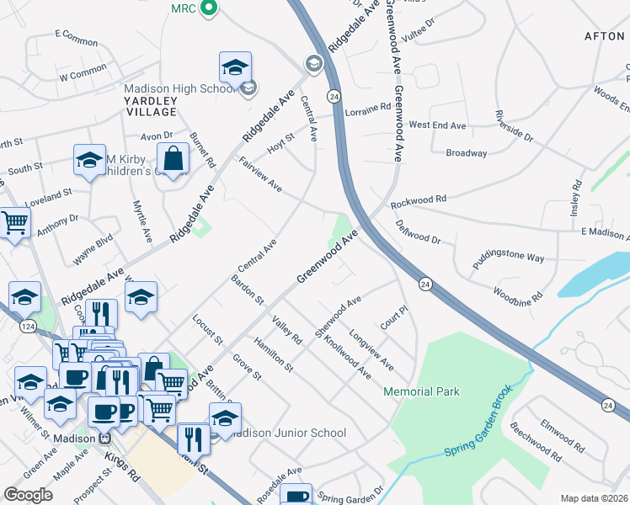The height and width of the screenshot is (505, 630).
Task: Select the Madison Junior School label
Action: [x=287, y=433]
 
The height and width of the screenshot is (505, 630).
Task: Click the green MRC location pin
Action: [x=211, y=9]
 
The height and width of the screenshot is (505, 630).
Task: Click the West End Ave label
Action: [x=437, y=125]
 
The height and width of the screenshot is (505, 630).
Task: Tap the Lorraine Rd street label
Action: [x=368, y=109]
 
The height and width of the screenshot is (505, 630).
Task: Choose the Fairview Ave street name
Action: [x=260, y=173]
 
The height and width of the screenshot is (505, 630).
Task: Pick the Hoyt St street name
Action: [x=281, y=142]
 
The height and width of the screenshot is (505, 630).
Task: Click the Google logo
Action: [x=28, y=494]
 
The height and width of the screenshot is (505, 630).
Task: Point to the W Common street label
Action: [x=83, y=76]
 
